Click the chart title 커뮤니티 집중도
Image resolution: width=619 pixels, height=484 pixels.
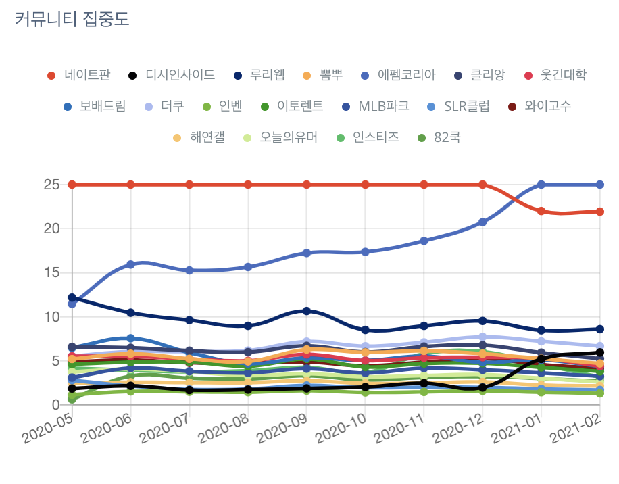pos(72,20)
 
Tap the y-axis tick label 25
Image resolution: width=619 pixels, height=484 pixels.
pos(51,185)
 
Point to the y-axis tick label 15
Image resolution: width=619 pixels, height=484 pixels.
pos(51,272)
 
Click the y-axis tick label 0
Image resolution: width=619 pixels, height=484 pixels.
pos(55,404)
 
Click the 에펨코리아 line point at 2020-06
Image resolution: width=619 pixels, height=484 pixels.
pos(130,264)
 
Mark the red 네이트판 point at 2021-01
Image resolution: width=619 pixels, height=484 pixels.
pos(541,211)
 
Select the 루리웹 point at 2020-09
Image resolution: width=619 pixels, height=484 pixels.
pos(307,311)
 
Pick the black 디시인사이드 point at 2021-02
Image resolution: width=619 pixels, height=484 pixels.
pos(600,352)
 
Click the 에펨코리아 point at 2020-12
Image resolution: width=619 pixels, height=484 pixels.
pos(482,222)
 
